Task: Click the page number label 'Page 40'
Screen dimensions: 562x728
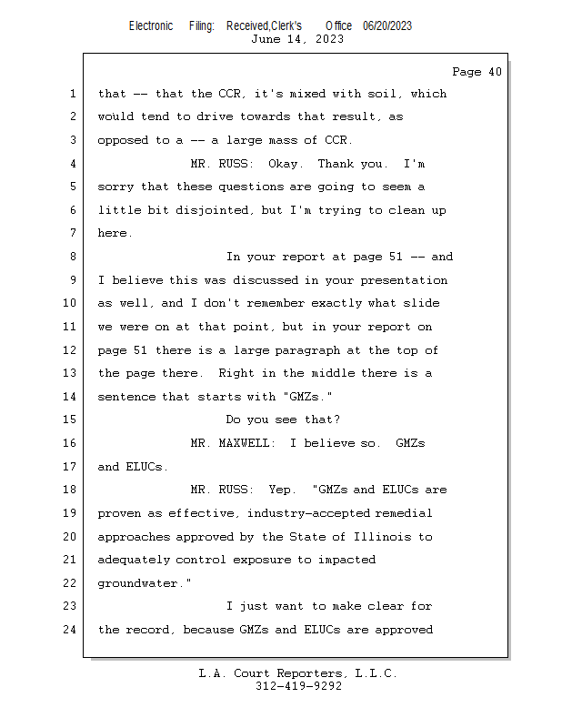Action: [x=477, y=72]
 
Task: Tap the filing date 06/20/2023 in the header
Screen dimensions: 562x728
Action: [x=387, y=26]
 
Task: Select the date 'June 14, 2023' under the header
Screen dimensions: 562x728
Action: [x=297, y=39]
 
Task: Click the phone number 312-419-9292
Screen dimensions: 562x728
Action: [x=299, y=686]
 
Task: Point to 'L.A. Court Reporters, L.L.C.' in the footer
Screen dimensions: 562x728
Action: [x=298, y=673]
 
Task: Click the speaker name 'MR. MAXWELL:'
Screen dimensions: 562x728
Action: [x=233, y=443]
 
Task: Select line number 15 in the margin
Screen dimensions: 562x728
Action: [x=69, y=420]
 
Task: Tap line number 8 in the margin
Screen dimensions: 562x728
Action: [x=73, y=257]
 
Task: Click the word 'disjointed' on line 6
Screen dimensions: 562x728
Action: [x=212, y=211]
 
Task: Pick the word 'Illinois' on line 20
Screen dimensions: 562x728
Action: [x=383, y=537]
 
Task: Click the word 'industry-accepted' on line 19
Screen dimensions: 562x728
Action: [x=308, y=513]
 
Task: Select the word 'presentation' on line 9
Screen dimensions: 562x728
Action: [x=404, y=280]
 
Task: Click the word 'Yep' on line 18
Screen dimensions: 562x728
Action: [x=279, y=490]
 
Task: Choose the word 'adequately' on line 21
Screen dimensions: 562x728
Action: [x=134, y=561]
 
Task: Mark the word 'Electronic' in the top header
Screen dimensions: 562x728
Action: [x=151, y=26]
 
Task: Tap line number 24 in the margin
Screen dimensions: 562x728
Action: [x=69, y=630]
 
